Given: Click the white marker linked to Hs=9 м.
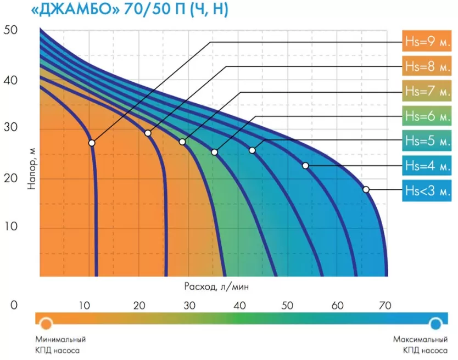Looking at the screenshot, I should click(92, 143).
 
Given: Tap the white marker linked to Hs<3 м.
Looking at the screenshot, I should click(366, 190).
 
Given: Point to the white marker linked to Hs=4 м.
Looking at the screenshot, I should click(305, 165).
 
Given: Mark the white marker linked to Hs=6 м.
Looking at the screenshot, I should click(214, 152).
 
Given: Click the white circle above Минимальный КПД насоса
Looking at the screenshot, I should click(46, 323).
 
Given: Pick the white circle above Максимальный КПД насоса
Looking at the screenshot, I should click(436, 323).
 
